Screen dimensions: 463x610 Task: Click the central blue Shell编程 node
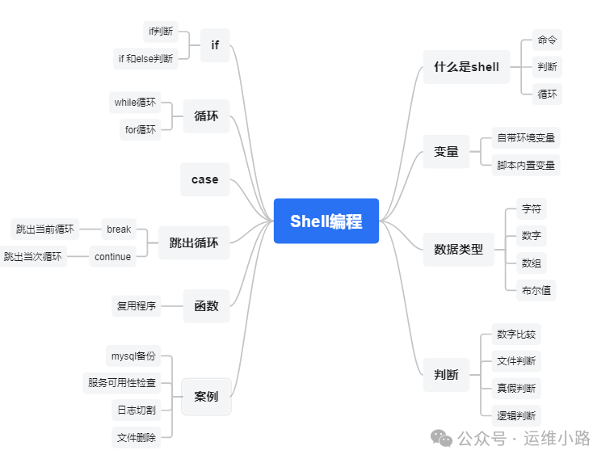326,221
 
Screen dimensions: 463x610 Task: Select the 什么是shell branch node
466,67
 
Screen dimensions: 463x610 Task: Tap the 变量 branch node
446,151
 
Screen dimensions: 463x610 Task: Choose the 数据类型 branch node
458,249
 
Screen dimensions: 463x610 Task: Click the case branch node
204,179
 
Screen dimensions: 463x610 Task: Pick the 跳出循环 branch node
194,242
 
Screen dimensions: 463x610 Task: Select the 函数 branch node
206,305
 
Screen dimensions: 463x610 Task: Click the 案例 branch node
206,396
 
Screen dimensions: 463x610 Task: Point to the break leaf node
119,229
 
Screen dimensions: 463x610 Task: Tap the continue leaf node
112,257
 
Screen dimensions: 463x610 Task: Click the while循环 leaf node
135,103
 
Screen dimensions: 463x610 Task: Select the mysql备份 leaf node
133,356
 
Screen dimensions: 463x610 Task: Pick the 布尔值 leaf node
536,290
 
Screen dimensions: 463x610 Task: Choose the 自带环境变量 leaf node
526,138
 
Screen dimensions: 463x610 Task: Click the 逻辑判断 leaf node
515,415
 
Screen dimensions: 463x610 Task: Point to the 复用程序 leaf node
137,306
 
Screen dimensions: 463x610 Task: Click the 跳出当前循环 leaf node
45,229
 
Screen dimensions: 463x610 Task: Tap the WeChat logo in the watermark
441,438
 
